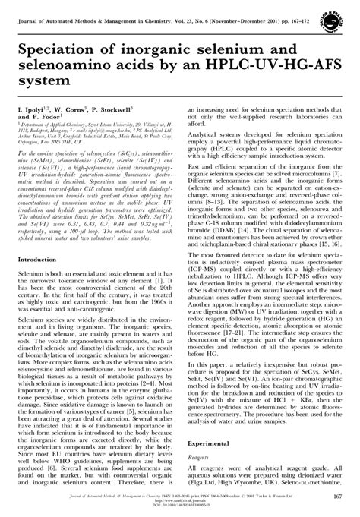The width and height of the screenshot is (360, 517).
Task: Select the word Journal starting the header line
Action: [x=30, y=8]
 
